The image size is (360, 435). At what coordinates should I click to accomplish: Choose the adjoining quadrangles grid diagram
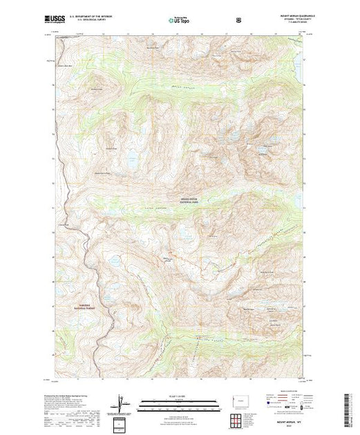tap(236, 418)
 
